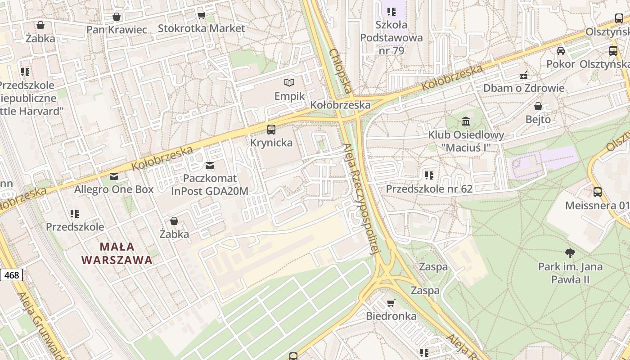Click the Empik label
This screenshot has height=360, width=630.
click(x=289, y=96)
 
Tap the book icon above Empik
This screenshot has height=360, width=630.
click(x=289, y=82)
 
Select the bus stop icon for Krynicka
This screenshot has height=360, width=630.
click(x=271, y=130)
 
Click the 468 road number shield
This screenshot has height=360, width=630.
click(x=11, y=275)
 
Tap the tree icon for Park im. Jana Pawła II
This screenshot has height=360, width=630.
click(x=570, y=253)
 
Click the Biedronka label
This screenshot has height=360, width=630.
click(x=391, y=316)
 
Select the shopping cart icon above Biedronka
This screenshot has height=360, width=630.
click(x=391, y=303)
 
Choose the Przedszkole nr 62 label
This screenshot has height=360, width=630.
click(x=429, y=189)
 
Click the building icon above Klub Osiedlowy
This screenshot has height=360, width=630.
click(x=466, y=121)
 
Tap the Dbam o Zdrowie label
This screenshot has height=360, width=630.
click(x=523, y=88)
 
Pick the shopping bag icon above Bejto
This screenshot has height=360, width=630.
click(x=538, y=106)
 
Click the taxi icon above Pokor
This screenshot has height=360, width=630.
click(x=561, y=50)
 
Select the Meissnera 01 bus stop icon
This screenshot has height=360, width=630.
click(x=598, y=192)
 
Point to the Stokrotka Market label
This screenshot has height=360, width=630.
click(x=201, y=28)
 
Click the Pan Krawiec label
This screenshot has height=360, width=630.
click(x=117, y=30)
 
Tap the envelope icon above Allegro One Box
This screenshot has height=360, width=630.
click(x=114, y=176)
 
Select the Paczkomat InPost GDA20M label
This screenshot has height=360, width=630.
click(x=209, y=185)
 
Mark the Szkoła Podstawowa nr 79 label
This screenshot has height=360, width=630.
click(x=391, y=38)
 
